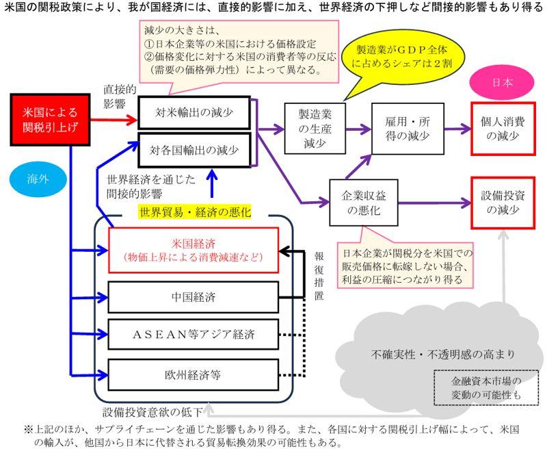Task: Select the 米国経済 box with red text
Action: (x=194, y=250)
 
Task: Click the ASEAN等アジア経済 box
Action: (x=194, y=335)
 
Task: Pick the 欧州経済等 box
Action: (x=194, y=374)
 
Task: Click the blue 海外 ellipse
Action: (x=38, y=179)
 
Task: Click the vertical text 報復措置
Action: (x=319, y=274)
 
